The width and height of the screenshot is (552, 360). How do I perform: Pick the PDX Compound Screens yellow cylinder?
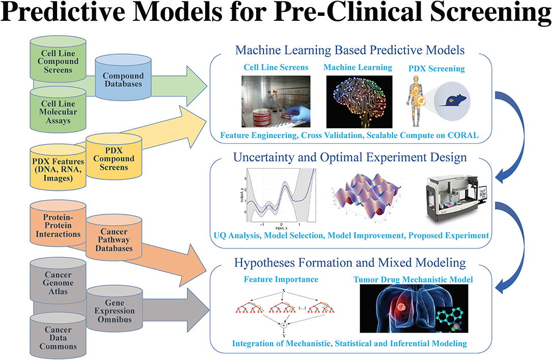pos(114,158)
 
